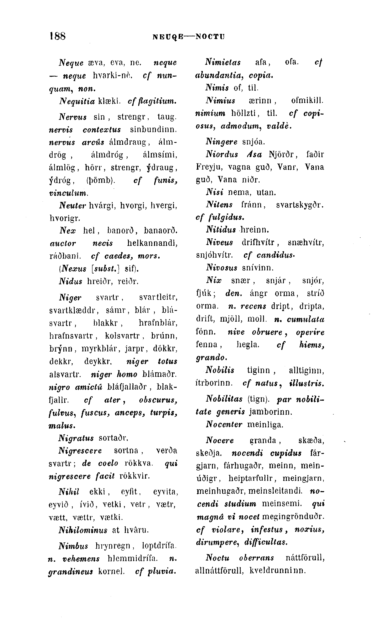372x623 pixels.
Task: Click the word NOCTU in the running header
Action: click(210, 37)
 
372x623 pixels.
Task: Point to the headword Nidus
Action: click(70, 281)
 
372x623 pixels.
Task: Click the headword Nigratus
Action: click(76, 438)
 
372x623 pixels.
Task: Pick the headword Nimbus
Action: click(73, 546)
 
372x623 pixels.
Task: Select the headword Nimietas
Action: click(223, 62)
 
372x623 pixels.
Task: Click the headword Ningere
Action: click(221, 142)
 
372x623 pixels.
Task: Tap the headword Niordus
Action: click(222, 154)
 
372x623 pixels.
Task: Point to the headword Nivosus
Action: click(221, 268)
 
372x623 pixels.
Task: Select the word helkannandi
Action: click(152, 243)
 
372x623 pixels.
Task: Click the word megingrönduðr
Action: click(293, 516)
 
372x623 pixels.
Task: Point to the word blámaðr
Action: click(159, 374)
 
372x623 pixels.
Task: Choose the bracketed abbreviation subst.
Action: click(106, 269)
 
